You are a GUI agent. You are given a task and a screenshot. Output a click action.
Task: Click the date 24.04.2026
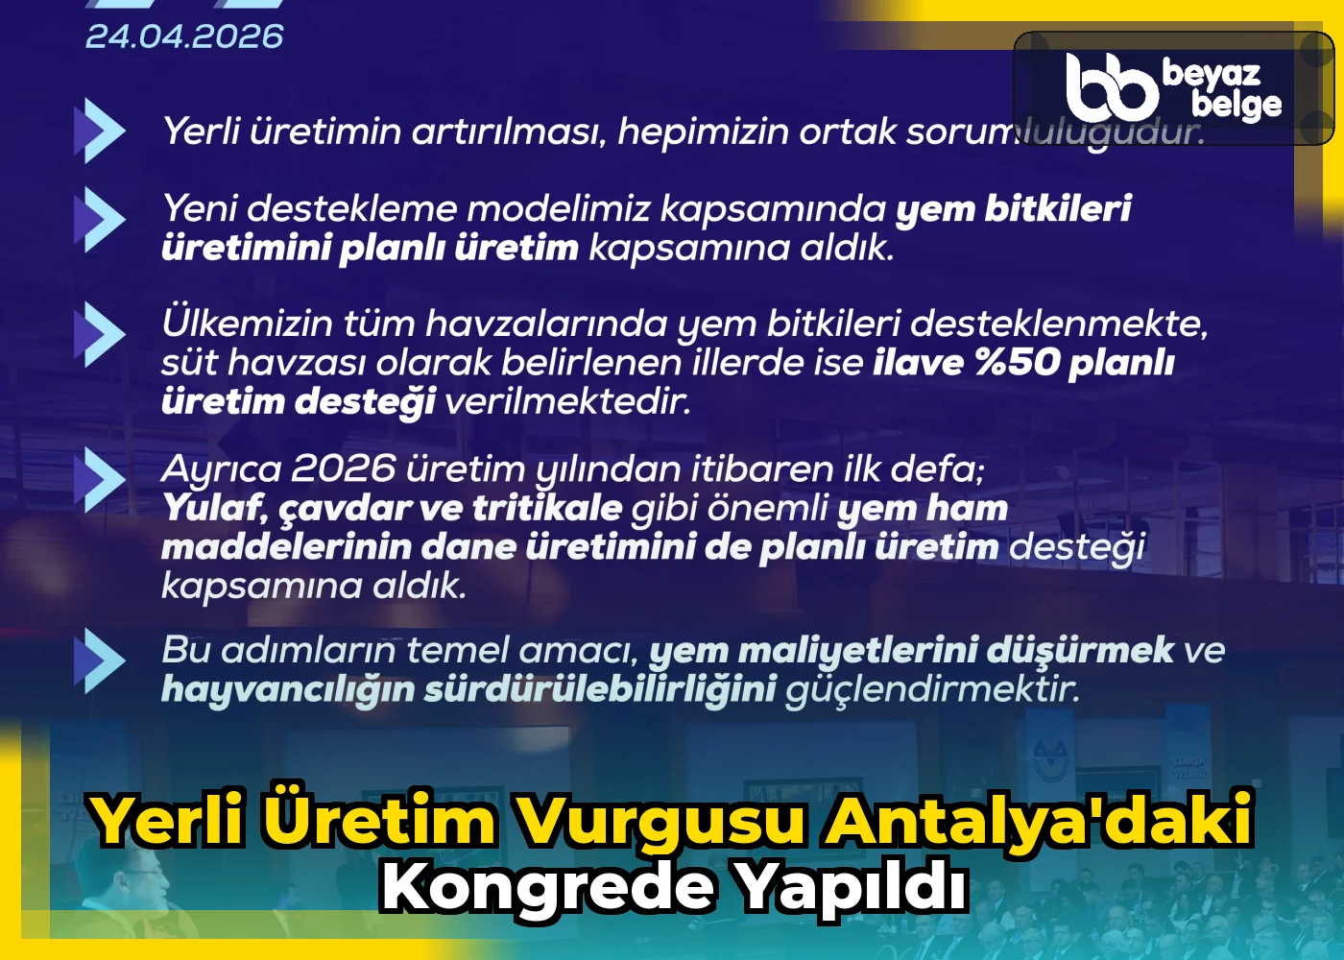tap(184, 36)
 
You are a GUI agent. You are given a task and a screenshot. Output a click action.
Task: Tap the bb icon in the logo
tap(1112, 85)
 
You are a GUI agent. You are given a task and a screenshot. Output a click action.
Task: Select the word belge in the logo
tap(1236, 105)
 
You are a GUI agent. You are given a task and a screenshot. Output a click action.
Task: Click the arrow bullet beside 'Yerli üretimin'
tap(100, 131)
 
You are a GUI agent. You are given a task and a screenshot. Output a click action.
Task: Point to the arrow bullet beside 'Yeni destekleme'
tap(100, 220)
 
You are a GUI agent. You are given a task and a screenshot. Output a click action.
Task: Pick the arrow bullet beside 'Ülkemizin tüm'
tap(100, 334)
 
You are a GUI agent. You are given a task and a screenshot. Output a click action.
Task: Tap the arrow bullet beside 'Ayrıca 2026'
tap(100, 478)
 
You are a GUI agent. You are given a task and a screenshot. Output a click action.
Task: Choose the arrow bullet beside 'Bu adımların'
tap(100, 660)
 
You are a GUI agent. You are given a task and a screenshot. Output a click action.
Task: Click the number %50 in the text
tap(1017, 363)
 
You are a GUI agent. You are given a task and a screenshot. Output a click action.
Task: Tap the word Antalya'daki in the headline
tap(1039, 821)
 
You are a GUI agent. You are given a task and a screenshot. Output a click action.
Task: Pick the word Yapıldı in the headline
tap(850, 887)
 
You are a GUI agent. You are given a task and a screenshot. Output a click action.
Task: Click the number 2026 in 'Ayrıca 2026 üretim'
tap(343, 469)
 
